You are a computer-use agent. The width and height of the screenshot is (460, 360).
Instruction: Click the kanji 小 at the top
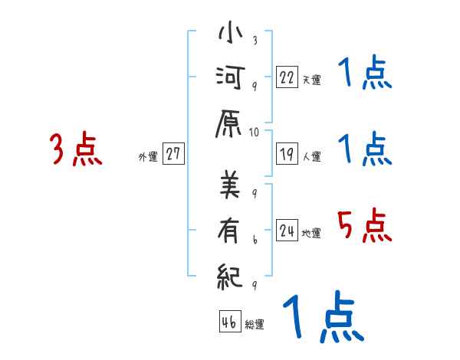pyautogui.click(x=231, y=34)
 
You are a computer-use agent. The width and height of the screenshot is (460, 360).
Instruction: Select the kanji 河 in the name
pyautogui.click(x=231, y=77)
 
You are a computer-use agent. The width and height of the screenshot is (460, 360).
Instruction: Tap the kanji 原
pyautogui.click(x=231, y=123)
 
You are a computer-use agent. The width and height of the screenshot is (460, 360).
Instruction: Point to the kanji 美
pyautogui.click(x=231, y=184)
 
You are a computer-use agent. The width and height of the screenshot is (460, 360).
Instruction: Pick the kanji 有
pyautogui.click(x=231, y=228)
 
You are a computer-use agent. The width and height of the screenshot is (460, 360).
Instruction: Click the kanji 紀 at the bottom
pyautogui.click(x=231, y=273)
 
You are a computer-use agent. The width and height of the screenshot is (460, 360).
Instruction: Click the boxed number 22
pyautogui.click(x=287, y=77)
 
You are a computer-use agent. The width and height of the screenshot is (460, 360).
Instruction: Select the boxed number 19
pyautogui.click(x=287, y=154)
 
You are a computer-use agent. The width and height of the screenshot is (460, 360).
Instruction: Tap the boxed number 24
pyautogui.click(x=287, y=231)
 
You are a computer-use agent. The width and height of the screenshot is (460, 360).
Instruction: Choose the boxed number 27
pyautogui.click(x=173, y=154)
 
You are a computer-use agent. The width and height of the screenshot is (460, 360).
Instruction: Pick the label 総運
pyautogui.click(x=255, y=325)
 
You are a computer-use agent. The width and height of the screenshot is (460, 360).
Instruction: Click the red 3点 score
pyautogui.click(x=76, y=149)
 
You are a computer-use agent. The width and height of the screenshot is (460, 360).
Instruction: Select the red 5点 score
pyautogui.click(x=364, y=227)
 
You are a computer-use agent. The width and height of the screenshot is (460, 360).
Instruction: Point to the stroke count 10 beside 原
pyautogui.click(x=255, y=132)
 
